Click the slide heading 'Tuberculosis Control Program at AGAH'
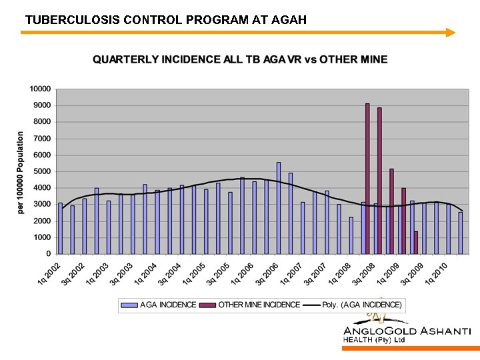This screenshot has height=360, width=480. [x=165, y=19]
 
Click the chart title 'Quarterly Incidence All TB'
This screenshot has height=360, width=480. [x=239, y=59]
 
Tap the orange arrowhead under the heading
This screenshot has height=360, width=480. [x=451, y=32]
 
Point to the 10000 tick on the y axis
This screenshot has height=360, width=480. [x=40, y=89]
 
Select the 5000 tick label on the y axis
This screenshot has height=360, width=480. [x=42, y=171]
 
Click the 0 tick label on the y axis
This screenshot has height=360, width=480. [x=48, y=254]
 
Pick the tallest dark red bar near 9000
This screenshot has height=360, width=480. [x=367, y=178]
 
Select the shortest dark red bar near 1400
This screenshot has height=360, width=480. [x=416, y=242]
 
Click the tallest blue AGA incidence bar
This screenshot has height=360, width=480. [x=279, y=207]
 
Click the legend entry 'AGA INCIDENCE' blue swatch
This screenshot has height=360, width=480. [x=129, y=305]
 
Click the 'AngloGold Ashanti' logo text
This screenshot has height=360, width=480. [x=407, y=331]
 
